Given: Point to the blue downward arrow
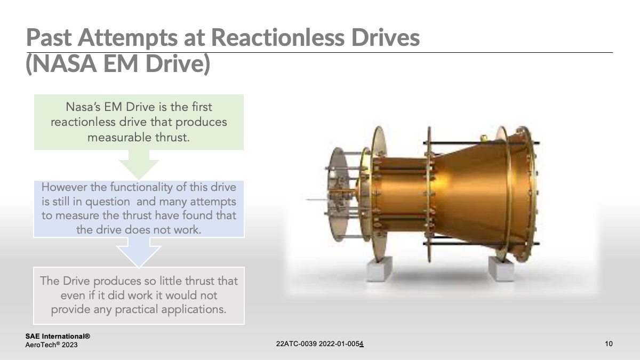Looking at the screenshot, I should pyautogui.click(x=139, y=252).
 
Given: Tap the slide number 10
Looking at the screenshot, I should pyautogui.click(x=609, y=344).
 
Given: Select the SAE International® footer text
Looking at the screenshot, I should pyautogui.click(x=58, y=337).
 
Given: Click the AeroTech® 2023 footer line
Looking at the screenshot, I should pyautogui.click(x=52, y=346).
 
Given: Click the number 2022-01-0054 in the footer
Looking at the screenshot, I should pyautogui.click(x=341, y=344).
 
